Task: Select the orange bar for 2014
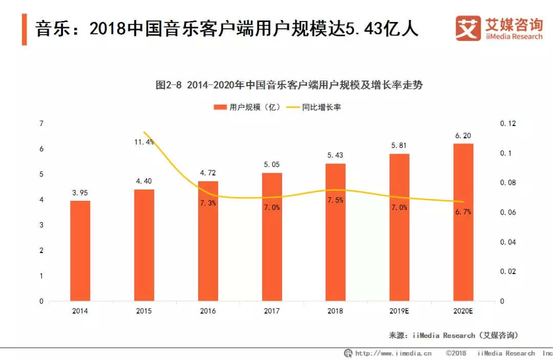(x=80, y=250)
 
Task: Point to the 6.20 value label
(x=463, y=136)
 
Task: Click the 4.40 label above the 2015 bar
(x=144, y=181)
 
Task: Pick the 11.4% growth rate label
(x=144, y=142)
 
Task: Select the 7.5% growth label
(x=335, y=200)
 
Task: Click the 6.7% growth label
(x=463, y=212)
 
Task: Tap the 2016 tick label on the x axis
(x=208, y=311)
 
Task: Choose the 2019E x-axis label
(x=399, y=311)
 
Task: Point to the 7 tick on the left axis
(x=41, y=123)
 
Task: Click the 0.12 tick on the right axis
(x=508, y=123)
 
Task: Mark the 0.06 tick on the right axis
(x=508, y=213)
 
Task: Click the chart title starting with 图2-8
(x=289, y=85)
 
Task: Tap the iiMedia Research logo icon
(x=468, y=28)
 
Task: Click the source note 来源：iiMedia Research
(x=454, y=335)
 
